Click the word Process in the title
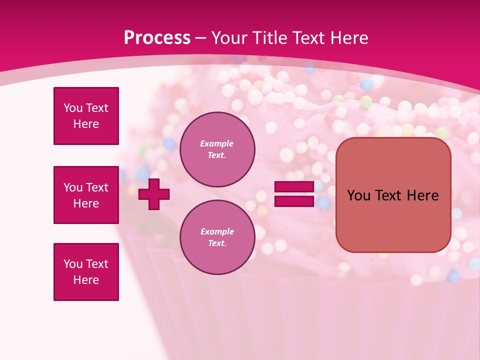point(157,38)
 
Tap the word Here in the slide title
point(348,38)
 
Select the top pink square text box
point(86,116)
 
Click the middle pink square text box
point(86,195)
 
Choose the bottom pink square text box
point(86,272)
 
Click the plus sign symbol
point(154,194)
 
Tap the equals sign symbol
point(294,194)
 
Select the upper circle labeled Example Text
point(217,149)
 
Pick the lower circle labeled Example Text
point(217,237)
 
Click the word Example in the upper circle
point(217,143)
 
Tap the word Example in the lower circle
point(217,231)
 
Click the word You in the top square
point(72,108)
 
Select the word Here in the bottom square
point(86,280)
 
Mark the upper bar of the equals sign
point(294,187)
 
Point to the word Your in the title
point(229,38)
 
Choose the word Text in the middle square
point(97,187)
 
